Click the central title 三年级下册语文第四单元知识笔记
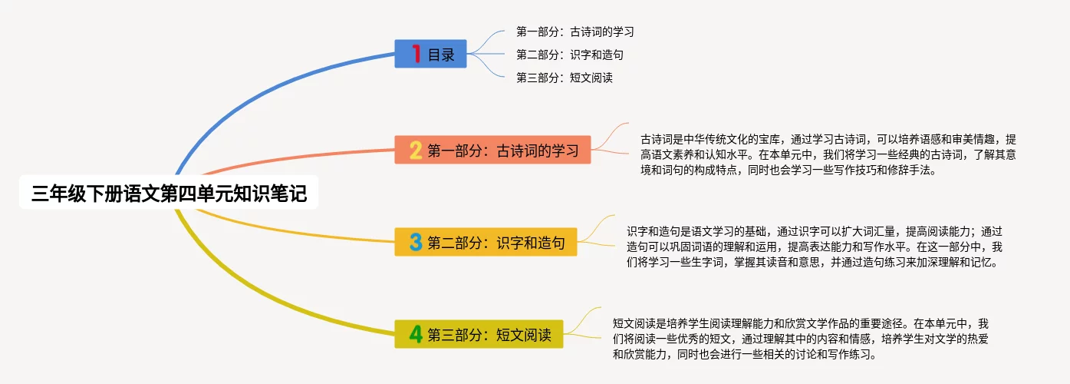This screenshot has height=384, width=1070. [169, 194]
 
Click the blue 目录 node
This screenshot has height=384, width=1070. [430, 55]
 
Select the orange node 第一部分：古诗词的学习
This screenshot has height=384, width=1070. [492, 150]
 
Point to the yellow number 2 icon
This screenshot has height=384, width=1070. [416, 150]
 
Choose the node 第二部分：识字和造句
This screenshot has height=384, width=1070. [486, 243]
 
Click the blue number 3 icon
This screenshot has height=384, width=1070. [416, 243]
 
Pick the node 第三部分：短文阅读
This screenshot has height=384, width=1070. [479, 334]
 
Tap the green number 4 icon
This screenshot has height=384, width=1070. [416, 334]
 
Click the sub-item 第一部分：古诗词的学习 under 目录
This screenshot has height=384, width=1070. [575, 32]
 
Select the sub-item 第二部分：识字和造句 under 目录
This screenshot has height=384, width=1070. [569, 55]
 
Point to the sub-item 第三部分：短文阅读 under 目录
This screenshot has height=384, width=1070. [564, 78]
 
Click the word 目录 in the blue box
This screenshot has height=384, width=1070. [441, 55]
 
